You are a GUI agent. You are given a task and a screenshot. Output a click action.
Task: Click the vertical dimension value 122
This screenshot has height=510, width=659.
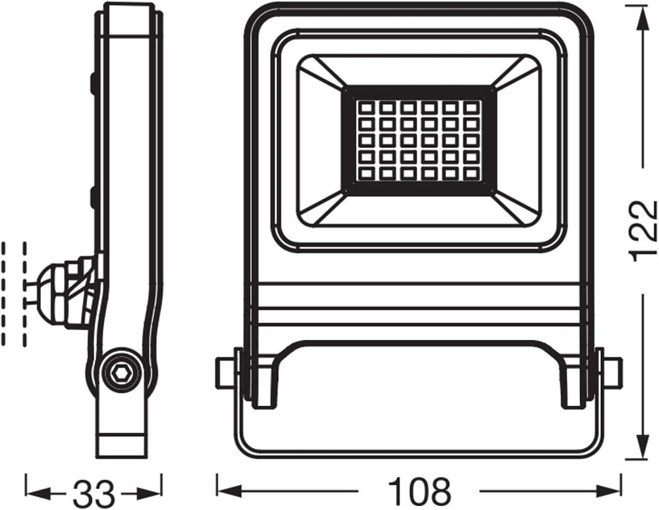[x=643, y=231]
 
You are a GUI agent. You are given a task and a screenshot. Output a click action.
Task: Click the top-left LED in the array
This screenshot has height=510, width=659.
[x=364, y=108]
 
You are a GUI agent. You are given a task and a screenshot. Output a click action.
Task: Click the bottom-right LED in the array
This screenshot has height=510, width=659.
[x=473, y=172]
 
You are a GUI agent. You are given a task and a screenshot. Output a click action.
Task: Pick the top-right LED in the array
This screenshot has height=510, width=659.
[x=473, y=108]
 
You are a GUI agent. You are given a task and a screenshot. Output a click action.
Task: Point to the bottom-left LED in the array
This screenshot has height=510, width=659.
[x=364, y=172]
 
